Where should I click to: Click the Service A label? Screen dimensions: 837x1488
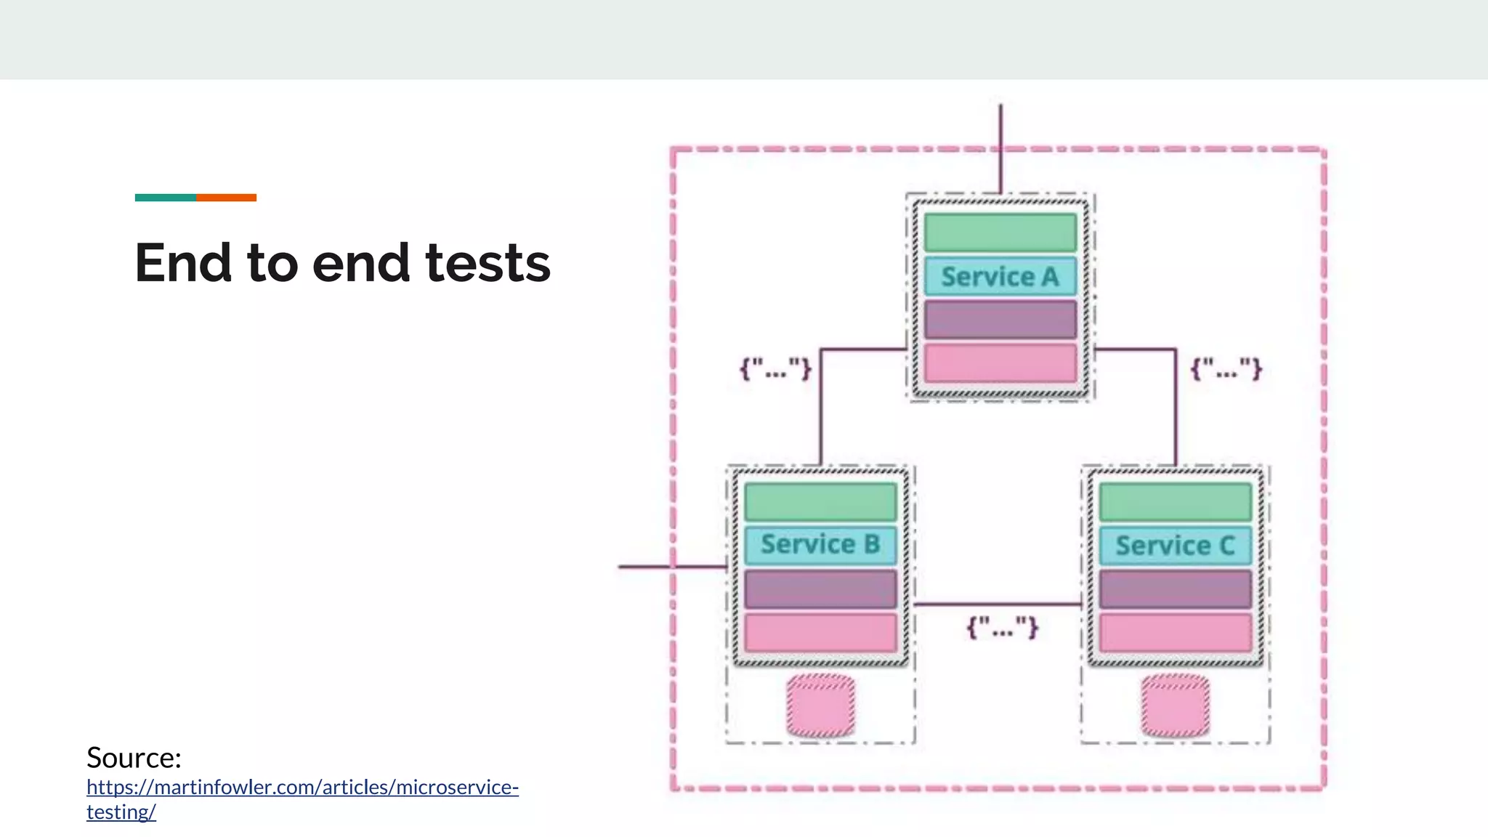click(x=1000, y=277)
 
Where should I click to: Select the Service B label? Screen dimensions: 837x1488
click(x=820, y=544)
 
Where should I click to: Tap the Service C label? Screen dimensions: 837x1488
click(x=1175, y=546)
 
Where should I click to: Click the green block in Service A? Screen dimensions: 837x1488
click(x=1000, y=232)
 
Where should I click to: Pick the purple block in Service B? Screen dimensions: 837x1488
click(x=820, y=589)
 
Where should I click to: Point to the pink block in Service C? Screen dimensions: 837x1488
click(x=1175, y=633)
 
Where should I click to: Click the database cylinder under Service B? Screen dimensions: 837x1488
click(x=820, y=705)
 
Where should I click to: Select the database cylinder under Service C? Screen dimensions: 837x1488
click(x=1175, y=705)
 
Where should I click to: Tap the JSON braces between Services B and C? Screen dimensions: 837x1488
click(x=1002, y=627)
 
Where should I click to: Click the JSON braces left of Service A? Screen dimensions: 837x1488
click(x=775, y=368)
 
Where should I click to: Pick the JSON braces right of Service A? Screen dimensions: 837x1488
click(x=1226, y=368)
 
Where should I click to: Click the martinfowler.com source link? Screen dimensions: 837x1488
click(x=302, y=788)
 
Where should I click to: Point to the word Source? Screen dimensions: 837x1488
click(x=134, y=758)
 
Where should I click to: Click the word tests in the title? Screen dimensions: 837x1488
click(x=488, y=263)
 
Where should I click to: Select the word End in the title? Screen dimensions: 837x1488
click(x=184, y=263)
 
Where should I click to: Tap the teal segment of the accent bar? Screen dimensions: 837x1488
click(x=165, y=198)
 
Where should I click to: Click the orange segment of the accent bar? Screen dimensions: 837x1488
click(x=226, y=198)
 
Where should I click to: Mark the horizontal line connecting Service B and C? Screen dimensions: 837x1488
click(x=998, y=604)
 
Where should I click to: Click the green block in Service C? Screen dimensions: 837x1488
click(x=1175, y=502)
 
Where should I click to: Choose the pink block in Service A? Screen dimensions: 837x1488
click(x=1000, y=363)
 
